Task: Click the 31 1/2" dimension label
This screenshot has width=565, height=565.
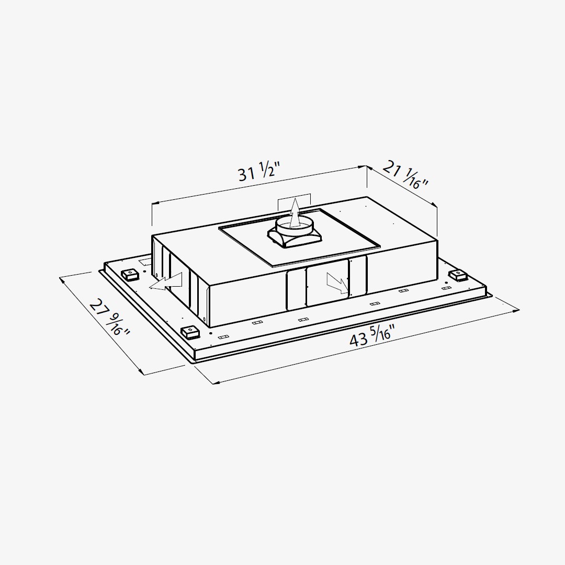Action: tap(259, 172)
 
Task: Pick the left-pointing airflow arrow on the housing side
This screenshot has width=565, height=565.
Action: tap(166, 281)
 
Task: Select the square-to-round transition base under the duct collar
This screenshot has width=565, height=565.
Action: tap(295, 239)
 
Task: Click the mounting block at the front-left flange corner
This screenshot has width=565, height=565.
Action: tap(190, 332)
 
